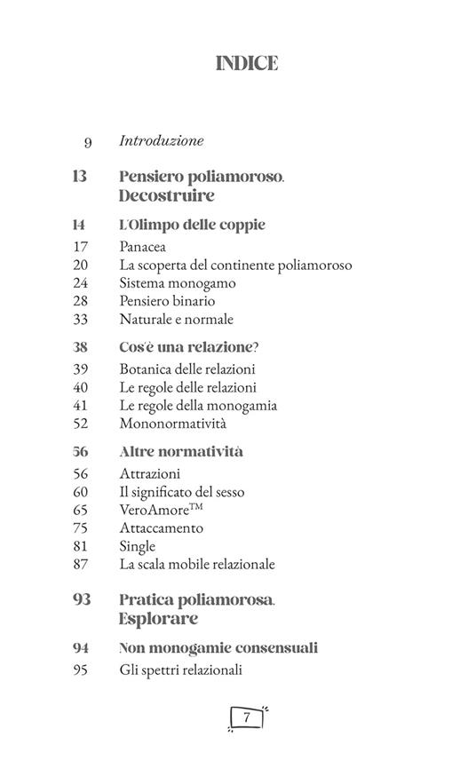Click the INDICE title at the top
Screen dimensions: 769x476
coord(246,63)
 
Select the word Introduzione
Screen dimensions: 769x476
coord(161,140)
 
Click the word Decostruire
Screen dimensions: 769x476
coord(166,195)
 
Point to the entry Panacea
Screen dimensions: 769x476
coord(142,247)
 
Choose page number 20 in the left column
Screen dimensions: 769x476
coord(81,265)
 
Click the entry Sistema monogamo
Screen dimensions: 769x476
coord(177,283)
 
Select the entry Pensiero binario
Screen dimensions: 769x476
coord(167,301)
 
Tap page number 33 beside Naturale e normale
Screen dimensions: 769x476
coord(81,319)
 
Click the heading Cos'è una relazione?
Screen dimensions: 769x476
coord(182,346)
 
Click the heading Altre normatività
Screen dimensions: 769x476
coord(180,451)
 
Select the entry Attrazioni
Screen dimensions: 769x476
coord(149,473)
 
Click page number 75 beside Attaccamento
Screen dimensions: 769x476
coord(81,527)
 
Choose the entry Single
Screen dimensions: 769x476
coord(137,546)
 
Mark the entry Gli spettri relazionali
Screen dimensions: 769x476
coord(180,670)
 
